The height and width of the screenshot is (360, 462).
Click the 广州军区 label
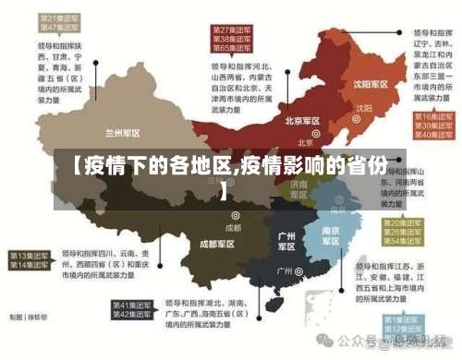click(286, 242)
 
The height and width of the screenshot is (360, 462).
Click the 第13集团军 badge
click(30, 255)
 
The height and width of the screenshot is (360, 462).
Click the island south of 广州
click(273, 303)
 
